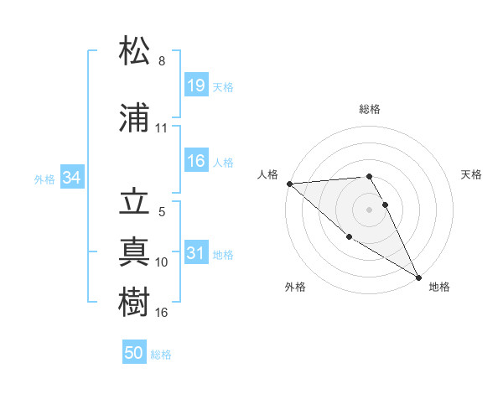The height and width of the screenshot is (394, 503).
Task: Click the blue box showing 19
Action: pyautogui.click(x=196, y=86)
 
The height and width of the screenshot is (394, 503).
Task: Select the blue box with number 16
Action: pyautogui.click(x=196, y=161)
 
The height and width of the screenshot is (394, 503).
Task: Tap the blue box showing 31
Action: pyautogui.click(x=196, y=254)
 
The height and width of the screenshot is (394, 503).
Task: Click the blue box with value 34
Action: pyautogui.click(x=71, y=178)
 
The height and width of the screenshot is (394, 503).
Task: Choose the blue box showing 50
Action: pyautogui.click(x=134, y=353)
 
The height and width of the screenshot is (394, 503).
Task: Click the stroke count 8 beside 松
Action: pyautogui.click(x=162, y=61)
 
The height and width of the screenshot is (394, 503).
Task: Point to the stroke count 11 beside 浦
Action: pyautogui.click(x=162, y=128)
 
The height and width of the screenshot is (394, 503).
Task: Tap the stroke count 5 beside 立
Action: pyautogui.click(x=162, y=212)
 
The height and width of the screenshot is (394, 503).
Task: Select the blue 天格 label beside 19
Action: pyautogui.click(x=223, y=87)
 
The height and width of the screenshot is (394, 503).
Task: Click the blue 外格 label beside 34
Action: pyautogui.click(x=44, y=179)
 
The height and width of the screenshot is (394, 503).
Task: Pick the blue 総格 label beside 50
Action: pyautogui.click(x=161, y=355)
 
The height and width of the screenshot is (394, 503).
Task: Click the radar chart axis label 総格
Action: pyautogui.click(x=370, y=109)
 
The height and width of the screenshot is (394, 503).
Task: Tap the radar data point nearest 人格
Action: pyautogui.click(x=289, y=183)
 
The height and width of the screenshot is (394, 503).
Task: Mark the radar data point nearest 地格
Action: pyautogui.click(x=418, y=277)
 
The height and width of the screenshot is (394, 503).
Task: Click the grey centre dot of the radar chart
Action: pyautogui.click(x=370, y=209)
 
